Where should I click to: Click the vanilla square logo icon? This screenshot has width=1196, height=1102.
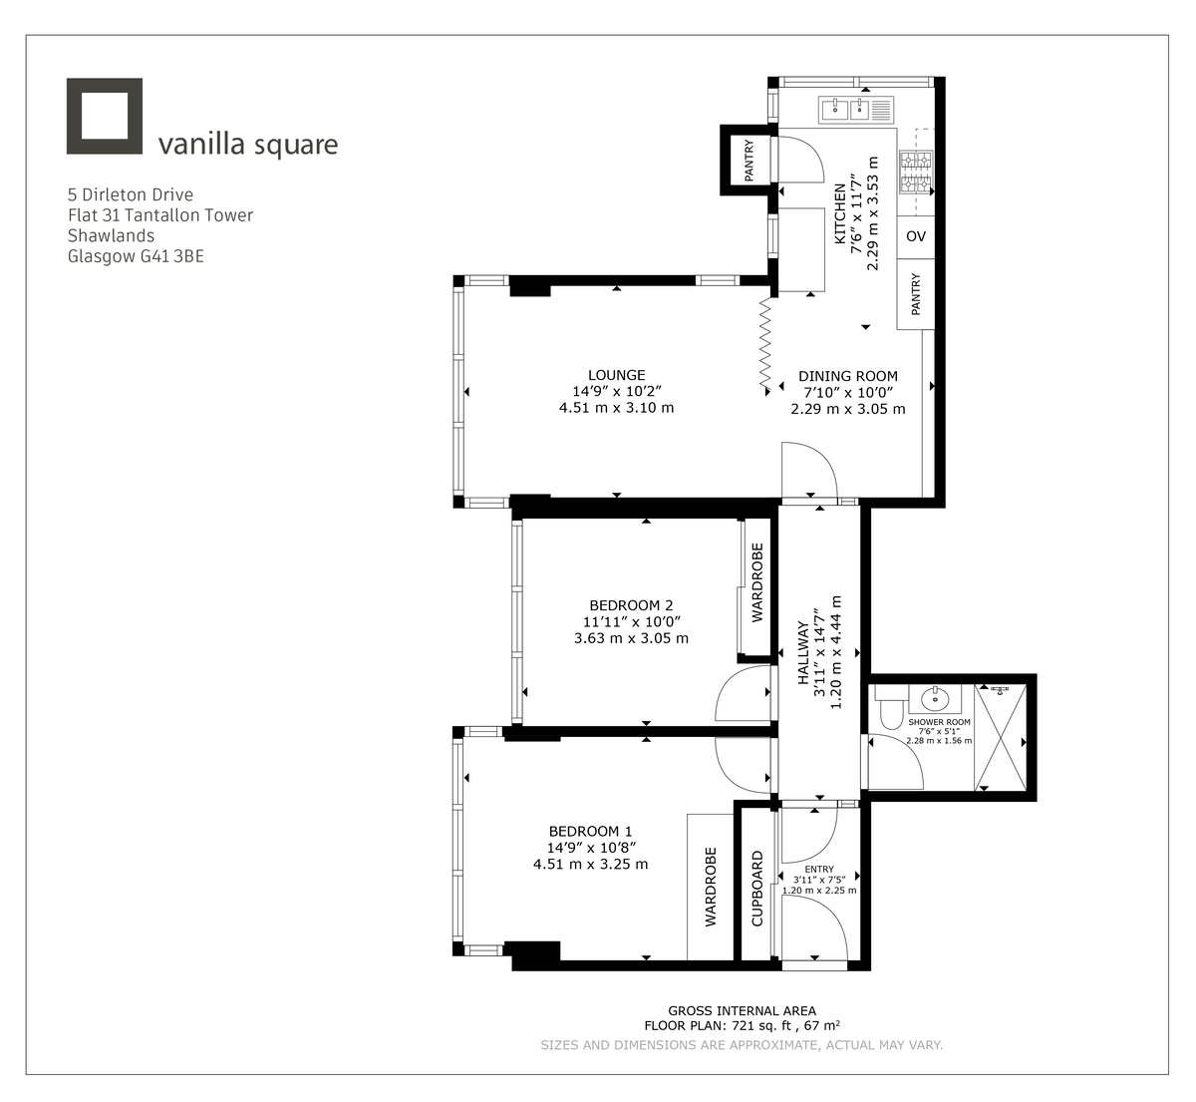tap(105, 117)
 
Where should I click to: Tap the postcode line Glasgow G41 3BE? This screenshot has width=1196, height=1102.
tap(136, 256)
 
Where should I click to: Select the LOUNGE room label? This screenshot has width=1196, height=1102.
tap(616, 376)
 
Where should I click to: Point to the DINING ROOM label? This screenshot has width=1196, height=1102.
tap(847, 377)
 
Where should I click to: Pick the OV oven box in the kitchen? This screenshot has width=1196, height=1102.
tap(916, 236)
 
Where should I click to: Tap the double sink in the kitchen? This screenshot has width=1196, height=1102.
tap(857, 109)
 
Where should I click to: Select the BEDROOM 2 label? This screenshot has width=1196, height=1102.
tap(631, 605)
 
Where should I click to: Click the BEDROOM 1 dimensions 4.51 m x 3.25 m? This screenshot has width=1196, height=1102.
tap(590, 864)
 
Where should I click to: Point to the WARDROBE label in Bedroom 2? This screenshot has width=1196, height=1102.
tap(757, 582)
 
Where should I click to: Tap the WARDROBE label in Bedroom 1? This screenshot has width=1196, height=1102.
tap(711, 887)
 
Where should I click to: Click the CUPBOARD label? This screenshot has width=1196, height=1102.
tap(756, 888)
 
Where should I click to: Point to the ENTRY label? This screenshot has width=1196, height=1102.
tap(819, 870)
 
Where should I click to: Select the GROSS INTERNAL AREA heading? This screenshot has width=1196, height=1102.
tap(742, 1010)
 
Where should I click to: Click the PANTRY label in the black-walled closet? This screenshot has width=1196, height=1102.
tap(748, 160)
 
